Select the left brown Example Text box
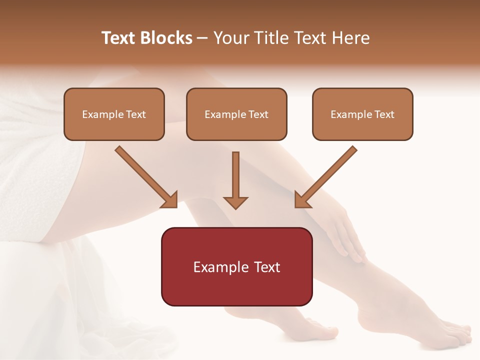click(114, 114)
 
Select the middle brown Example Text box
click(236, 114)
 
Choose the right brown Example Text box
click(362, 114)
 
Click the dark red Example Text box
click(236, 266)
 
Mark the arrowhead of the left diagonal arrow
click(170, 200)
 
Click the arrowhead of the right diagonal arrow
click(301, 200)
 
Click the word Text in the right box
click(384, 114)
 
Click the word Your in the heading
click(230, 38)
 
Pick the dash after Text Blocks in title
click(202, 38)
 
